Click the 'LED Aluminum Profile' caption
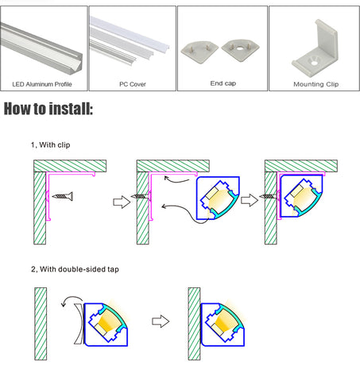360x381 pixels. pyautogui.click(x=42, y=84)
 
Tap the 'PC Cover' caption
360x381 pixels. pyautogui.click(x=133, y=84)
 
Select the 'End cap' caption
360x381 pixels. pyautogui.click(x=223, y=83)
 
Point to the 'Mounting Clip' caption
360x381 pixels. pyautogui.click(x=316, y=84)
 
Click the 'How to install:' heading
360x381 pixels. pyautogui.click(x=48, y=109)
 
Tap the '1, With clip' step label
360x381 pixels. pyautogui.click(x=51, y=145)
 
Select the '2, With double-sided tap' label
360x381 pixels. pyautogui.click(x=75, y=269)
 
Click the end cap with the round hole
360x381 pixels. pyautogui.click(x=240, y=50)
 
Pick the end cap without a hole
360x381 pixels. pyautogui.click(x=199, y=52)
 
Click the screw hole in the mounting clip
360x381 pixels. pyautogui.click(x=314, y=63)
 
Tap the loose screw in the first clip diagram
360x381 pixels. pyautogui.click(x=63, y=196)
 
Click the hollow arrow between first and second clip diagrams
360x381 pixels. pyautogui.click(x=122, y=202)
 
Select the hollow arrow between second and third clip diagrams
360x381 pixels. pyautogui.click(x=250, y=200)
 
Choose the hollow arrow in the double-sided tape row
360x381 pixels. pyautogui.click(x=161, y=321)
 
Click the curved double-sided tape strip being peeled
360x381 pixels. pyautogui.click(x=79, y=324)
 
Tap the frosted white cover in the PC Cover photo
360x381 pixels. pyautogui.click(x=130, y=34)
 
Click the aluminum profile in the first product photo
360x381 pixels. pyautogui.click(x=41, y=49)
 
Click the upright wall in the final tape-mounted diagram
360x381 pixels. pyautogui.click(x=194, y=324)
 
